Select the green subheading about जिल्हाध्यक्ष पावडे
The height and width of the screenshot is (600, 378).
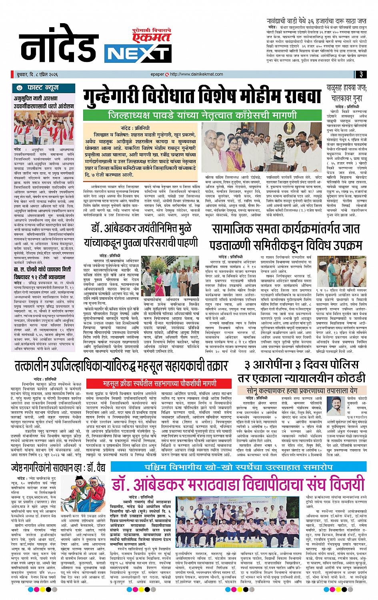click(202, 116)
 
